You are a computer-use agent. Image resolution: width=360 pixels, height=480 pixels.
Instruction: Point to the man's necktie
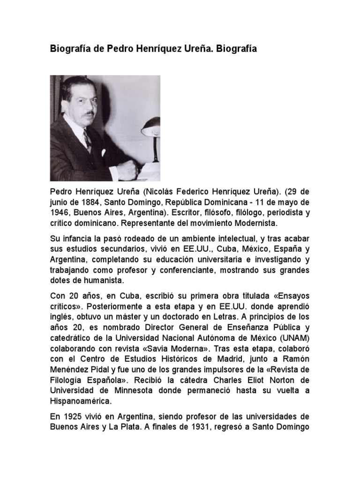pyautogui.click(x=87, y=140)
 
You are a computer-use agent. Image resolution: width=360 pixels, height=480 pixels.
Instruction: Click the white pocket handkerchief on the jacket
pyautogui.click(x=104, y=152)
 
